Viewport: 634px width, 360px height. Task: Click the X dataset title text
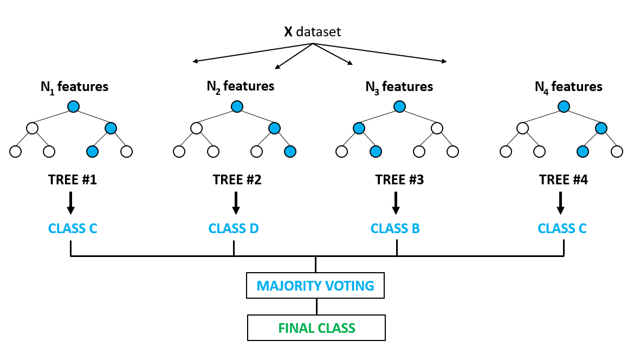[x=313, y=32]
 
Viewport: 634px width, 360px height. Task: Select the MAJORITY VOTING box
[x=315, y=286]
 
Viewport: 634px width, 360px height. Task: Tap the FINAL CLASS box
[x=316, y=328]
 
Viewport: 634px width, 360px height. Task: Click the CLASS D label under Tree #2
[x=234, y=228]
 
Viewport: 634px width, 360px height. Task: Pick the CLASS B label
[x=395, y=228]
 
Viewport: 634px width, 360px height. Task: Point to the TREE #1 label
[x=72, y=180]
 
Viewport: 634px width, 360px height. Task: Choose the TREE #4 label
[x=563, y=180]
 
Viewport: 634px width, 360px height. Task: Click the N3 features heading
[x=399, y=86]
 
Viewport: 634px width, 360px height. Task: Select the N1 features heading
[x=74, y=86]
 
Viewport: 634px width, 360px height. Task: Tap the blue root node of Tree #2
[x=237, y=107]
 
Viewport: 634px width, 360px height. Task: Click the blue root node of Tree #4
[x=564, y=107]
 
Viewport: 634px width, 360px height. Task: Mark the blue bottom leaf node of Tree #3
[x=374, y=151]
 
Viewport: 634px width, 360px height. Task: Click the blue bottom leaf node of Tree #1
[x=93, y=151]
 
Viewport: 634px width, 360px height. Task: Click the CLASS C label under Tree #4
[x=562, y=228]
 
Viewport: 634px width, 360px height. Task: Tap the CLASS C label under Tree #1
[x=73, y=228]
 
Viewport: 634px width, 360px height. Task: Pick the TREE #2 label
[x=237, y=180]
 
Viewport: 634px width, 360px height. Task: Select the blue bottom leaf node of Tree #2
[x=290, y=151]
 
